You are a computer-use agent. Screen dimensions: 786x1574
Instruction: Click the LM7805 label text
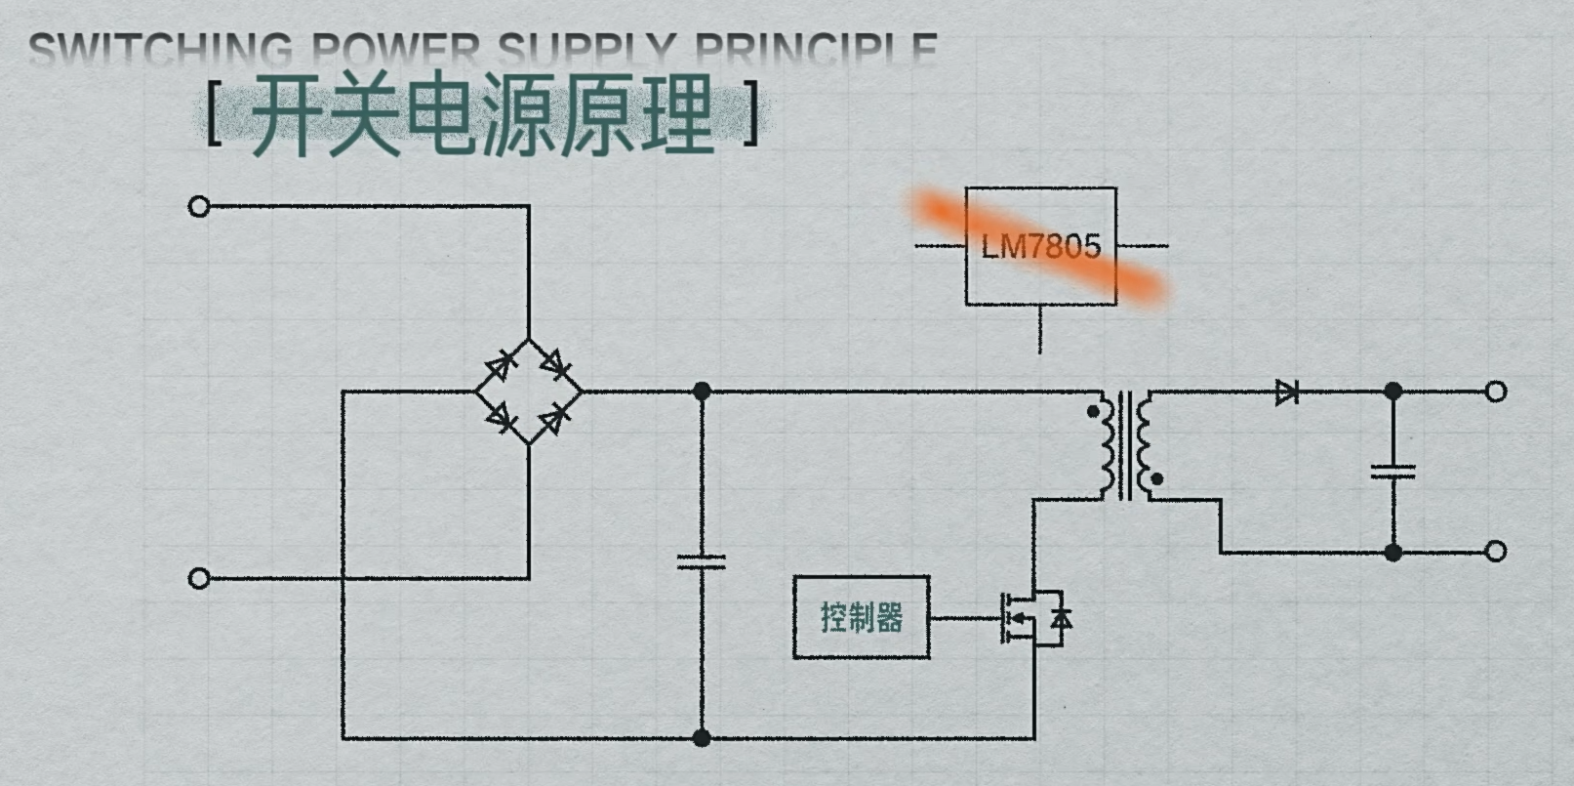pos(1040,246)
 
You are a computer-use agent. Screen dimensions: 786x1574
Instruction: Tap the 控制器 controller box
pos(861,617)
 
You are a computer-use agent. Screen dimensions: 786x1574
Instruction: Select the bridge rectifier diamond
pos(529,392)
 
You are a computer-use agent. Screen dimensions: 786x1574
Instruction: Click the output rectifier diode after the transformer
pos(1287,393)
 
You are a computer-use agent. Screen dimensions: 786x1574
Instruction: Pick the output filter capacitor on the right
pos(1392,472)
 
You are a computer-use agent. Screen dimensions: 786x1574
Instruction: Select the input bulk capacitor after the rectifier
pos(701,561)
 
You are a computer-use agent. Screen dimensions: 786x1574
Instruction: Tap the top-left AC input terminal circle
pos(199,206)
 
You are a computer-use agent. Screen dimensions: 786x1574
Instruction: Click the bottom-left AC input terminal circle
pos(199,578)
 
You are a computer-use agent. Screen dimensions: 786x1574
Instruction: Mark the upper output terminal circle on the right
pos(1495,392)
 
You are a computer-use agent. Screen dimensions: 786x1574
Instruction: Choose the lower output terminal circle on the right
pos(1495,552)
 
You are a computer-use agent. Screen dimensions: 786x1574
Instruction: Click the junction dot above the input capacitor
pos(701,392)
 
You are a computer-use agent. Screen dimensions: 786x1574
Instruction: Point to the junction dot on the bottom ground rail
pos(701,737)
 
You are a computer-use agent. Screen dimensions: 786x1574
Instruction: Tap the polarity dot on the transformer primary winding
pos(1092,412)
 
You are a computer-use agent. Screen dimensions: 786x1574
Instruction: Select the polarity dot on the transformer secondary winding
pos(1157,479)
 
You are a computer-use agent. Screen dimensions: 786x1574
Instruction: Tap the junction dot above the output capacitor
pos(1392,392)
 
